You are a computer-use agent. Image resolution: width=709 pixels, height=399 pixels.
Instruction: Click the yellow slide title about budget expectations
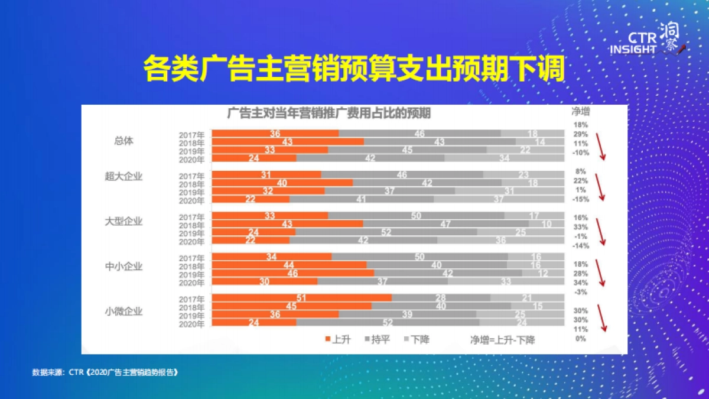(x=354, y=70)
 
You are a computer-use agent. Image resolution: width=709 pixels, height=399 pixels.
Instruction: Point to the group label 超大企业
(x=123, y=176)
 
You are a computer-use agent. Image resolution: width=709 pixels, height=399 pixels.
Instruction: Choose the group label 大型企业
(x=123, y=221)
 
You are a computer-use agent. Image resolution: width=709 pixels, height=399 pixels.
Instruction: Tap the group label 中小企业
(x=123, y=266)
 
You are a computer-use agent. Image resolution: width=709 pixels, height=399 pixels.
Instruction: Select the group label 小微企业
(x=123, y=311)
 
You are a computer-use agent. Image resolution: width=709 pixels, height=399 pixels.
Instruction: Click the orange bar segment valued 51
(x=301, y=298)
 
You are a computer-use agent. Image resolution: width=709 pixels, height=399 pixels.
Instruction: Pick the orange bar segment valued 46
(x=292, y=274)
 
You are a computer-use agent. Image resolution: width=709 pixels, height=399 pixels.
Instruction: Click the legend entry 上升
(x=337, y=339)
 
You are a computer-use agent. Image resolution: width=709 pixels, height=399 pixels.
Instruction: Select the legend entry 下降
(x=416, y=339)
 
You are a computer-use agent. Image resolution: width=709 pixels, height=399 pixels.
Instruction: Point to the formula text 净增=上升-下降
(x=503, y=339)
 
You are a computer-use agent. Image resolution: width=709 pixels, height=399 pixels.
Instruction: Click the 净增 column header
(x=580, y=111)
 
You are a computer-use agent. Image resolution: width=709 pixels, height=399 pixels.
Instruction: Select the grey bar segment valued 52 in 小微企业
(x=388, y=322)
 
